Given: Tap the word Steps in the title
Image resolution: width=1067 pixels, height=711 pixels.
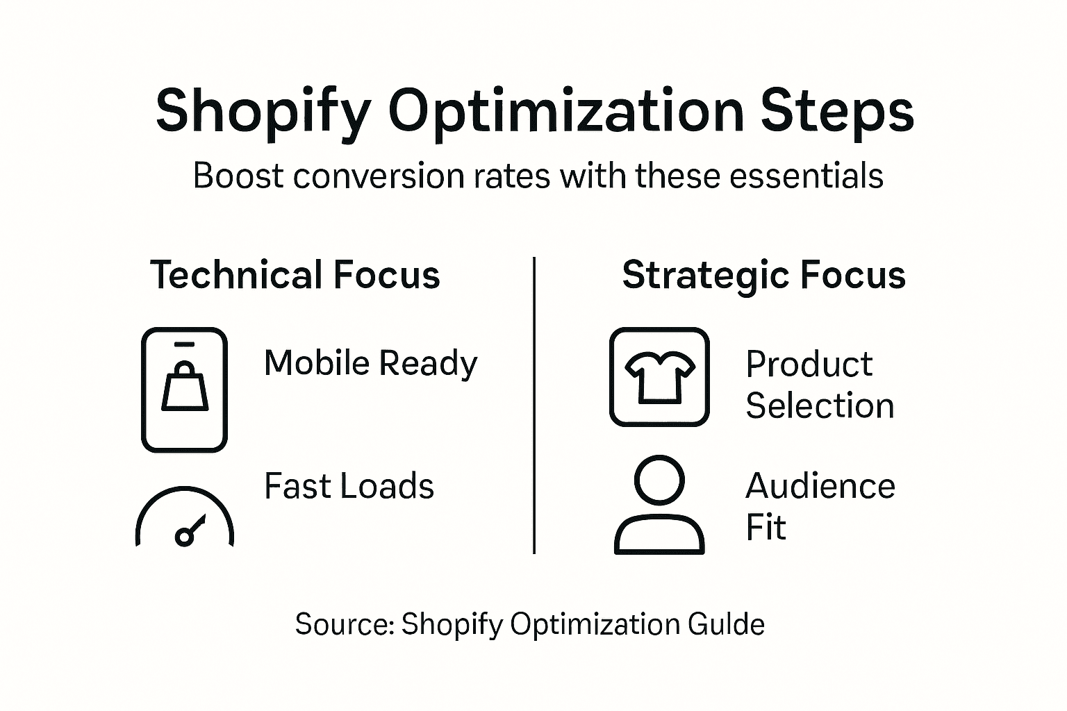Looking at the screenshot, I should [x=837, y=111].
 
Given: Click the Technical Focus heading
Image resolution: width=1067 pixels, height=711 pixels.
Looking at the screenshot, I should [x=295, y=275].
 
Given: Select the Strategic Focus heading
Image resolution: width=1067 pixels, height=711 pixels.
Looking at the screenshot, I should [x=763, y=275].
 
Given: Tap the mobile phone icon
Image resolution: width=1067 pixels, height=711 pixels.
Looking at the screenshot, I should [x=184, y=390].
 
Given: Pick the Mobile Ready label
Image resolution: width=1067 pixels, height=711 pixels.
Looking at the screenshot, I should [x=371, y=363].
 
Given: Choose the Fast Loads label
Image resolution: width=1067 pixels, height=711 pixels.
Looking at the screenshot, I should [x=349, y=486].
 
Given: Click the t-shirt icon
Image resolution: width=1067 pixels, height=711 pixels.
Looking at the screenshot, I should [x=659, y=377].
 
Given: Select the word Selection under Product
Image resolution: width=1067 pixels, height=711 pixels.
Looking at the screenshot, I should [x=820, y=406].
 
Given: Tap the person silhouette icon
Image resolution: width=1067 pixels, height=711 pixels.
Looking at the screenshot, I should [x=659, y=505].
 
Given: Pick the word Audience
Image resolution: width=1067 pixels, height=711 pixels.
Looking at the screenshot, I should [x=820, y=486].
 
